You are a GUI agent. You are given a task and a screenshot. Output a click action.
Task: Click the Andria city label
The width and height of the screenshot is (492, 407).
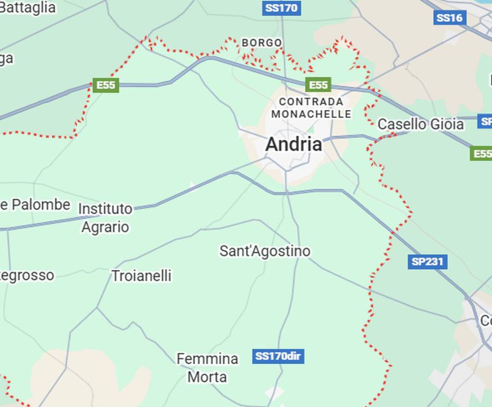294,144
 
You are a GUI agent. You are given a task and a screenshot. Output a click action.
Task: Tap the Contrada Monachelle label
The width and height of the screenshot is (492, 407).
311,108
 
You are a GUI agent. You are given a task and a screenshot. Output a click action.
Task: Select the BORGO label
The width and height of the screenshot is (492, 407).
262,42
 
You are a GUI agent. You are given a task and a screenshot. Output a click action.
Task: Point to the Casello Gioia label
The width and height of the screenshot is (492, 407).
421,125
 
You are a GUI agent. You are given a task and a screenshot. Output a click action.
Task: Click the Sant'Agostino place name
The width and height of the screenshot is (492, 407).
265,251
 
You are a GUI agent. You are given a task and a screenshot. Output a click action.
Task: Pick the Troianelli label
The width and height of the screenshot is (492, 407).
141,276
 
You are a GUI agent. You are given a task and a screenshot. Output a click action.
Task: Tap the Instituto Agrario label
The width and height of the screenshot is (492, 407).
105,217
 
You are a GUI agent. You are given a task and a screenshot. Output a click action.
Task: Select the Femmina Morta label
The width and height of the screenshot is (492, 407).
207,368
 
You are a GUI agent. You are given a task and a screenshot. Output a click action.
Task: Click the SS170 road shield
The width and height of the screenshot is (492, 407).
281,8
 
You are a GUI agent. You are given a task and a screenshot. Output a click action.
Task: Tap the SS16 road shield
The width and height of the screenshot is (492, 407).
450,18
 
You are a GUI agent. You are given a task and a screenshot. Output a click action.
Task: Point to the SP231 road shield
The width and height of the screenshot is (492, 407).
427,261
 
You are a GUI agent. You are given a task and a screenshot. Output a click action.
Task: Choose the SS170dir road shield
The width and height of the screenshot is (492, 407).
278,356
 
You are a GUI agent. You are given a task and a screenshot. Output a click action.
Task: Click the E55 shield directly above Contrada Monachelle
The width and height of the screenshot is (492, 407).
318,84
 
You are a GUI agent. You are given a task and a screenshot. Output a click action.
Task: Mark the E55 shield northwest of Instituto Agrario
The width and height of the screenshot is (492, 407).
106,85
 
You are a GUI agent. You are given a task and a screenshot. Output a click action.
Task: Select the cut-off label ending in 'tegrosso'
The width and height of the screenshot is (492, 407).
26,276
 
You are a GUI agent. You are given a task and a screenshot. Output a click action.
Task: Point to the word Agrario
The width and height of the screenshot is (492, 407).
105,227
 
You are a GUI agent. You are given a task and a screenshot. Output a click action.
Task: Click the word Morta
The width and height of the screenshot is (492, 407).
207,377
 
